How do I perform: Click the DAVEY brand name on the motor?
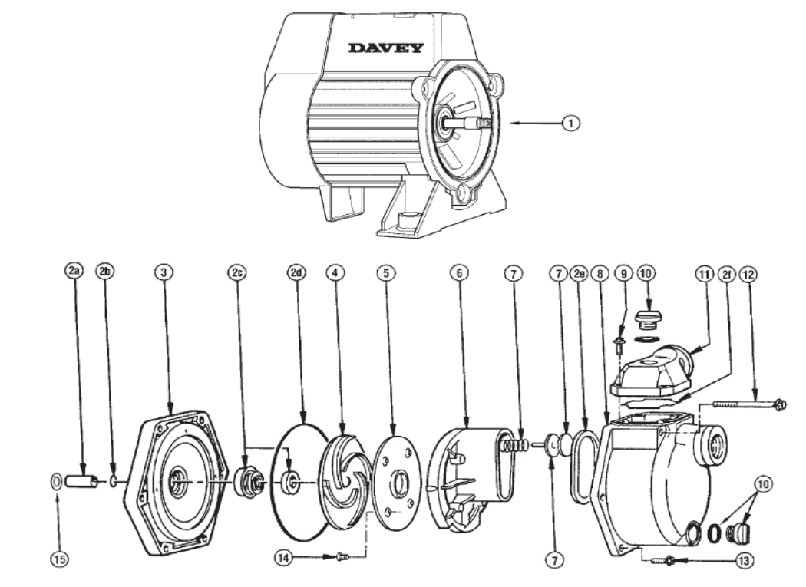[385, 48]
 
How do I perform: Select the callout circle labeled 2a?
[74, 272]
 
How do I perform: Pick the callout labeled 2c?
[236, 272]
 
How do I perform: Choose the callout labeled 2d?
[296, 272]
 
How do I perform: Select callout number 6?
[460, 272]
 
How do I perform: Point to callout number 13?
[742, 561]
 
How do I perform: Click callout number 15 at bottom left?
[58, 559]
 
